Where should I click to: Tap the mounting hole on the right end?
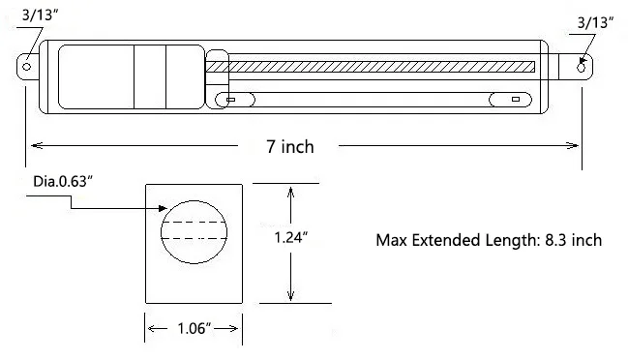tap(581, 67)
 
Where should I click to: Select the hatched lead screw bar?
tap(382, 67)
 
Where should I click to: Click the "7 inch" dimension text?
tap(290, 146)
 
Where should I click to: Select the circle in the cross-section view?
tap(194, 231)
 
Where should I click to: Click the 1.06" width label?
tap(193, 330)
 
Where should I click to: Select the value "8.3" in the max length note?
tap(555, 240)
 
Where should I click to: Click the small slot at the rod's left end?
tap(229, 98)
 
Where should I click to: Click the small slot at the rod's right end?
tap(515, 99)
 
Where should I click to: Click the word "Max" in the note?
tap(392, 240)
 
